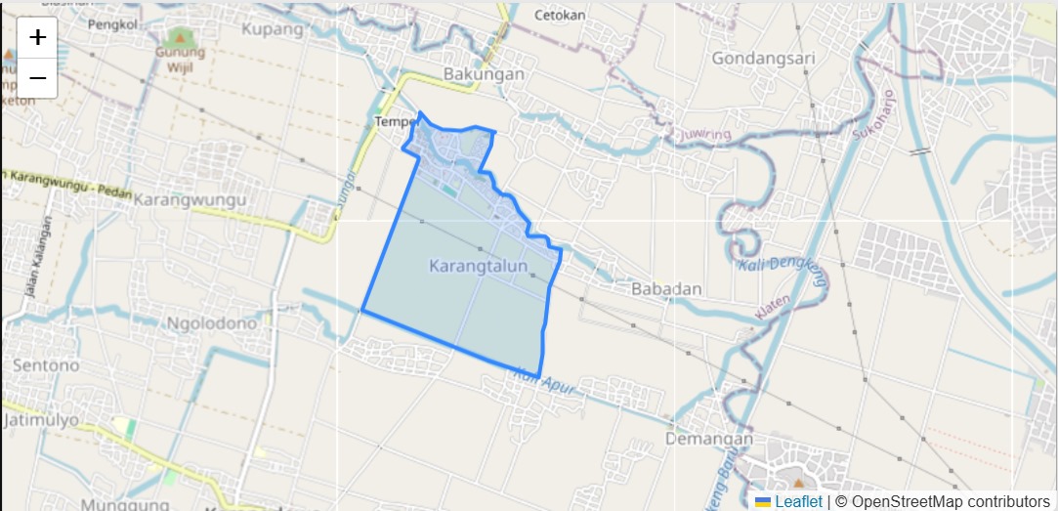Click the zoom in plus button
click(37, 38)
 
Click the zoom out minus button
click(37, 78)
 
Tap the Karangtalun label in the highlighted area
click(478, 266)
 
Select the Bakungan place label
click(484, 74)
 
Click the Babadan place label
click(666, 289)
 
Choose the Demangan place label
click(709, 440)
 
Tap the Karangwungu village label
click(190, 199)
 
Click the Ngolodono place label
click(212, 323)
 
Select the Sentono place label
click(46, 365)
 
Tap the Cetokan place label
click(560, 15)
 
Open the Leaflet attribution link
click(798, 501)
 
